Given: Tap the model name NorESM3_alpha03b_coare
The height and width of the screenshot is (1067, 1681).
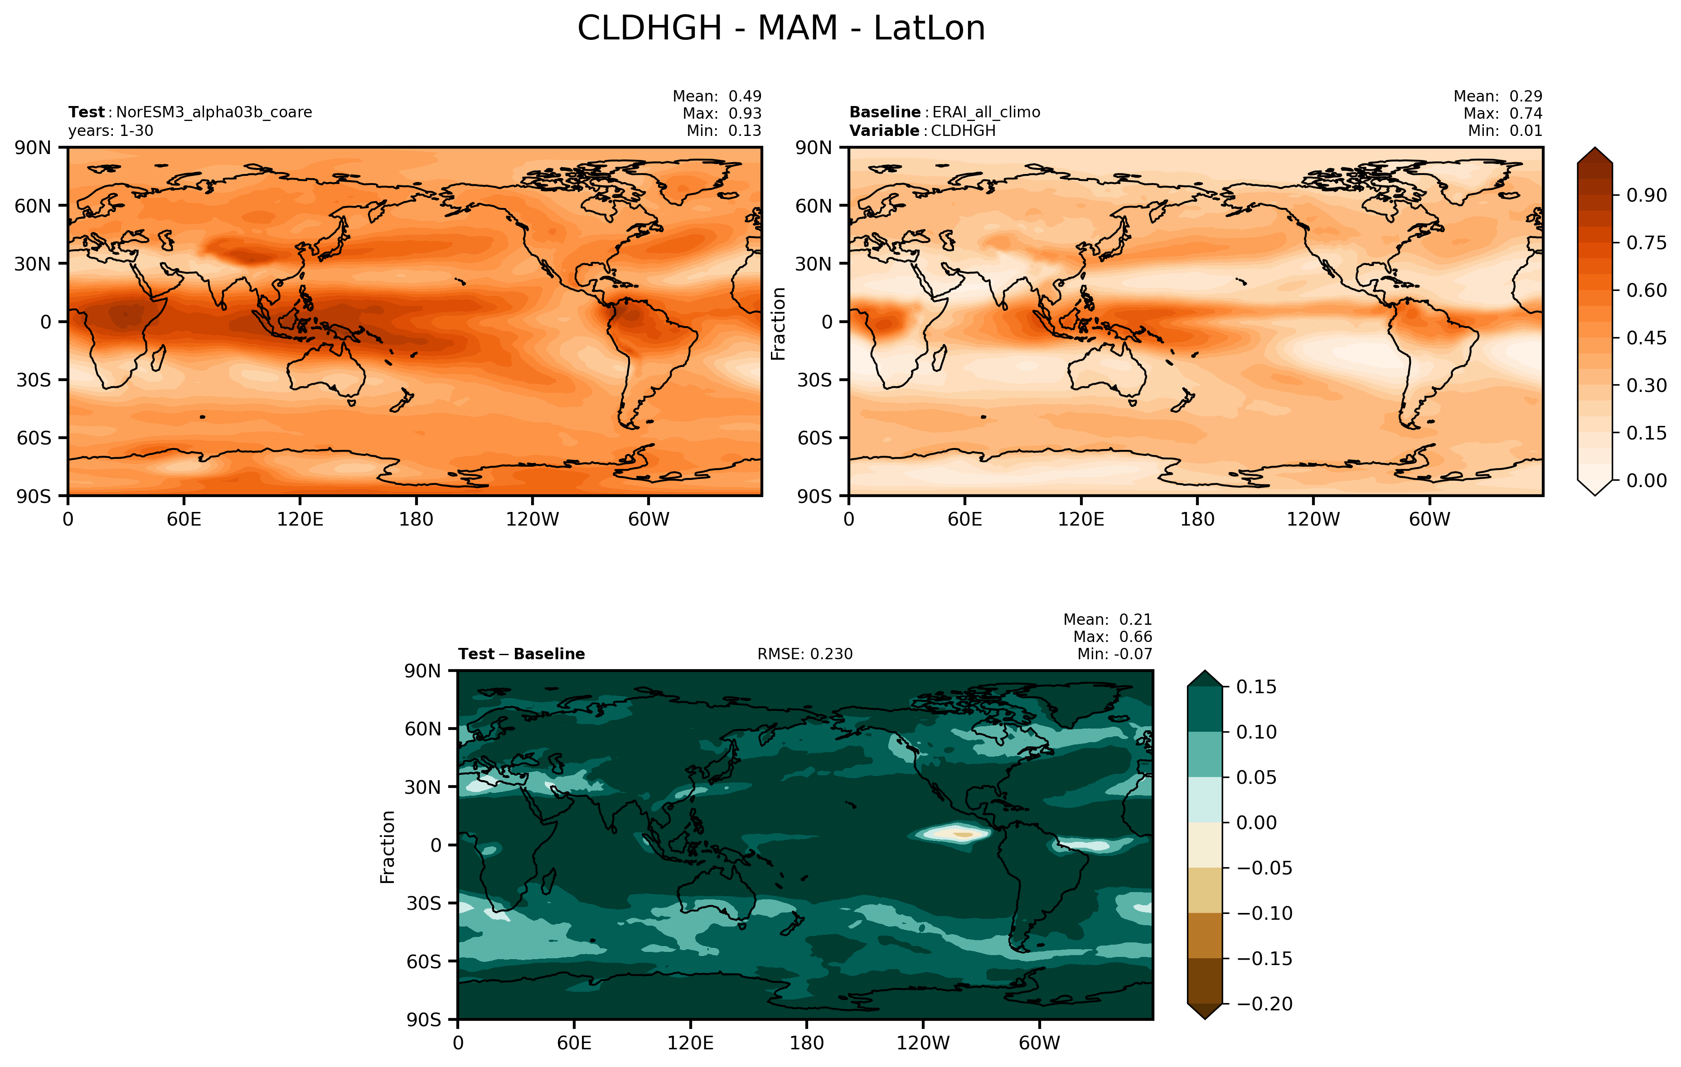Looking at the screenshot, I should tap(213, 112).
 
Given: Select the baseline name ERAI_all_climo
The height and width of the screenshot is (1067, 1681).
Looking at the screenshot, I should tap(986, 112).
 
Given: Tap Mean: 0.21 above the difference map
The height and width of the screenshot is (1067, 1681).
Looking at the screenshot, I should tap(1107, 620).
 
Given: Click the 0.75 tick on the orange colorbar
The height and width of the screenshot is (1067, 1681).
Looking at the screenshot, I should tap(1645, 243).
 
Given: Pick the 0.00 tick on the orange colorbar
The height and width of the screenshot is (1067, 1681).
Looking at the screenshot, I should tap(1645, 480).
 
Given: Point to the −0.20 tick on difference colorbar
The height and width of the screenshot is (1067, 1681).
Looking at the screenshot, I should tap(1264, 1004).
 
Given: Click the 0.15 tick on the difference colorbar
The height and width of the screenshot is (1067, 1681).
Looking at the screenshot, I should tap(1256, 687).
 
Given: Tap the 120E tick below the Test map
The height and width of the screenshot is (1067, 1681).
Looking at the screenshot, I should tap(300, 519).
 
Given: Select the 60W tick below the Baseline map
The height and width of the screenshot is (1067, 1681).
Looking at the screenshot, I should tap(1429, 519).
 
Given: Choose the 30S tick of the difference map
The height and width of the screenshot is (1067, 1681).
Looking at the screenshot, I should tap(424, 903).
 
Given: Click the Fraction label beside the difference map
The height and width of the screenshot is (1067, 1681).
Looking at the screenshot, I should tap(388, 846).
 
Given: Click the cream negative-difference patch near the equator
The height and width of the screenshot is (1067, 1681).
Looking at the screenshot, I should tap(958, 833).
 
